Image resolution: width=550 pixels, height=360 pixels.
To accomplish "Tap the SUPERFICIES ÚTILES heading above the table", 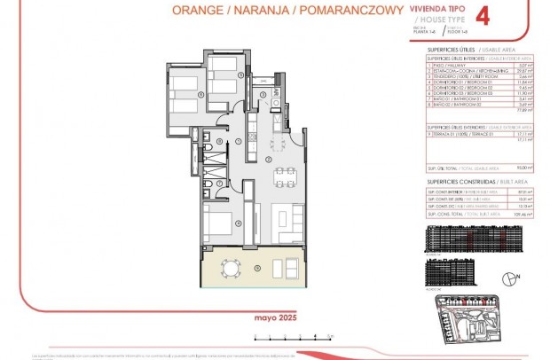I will point(446,50).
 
